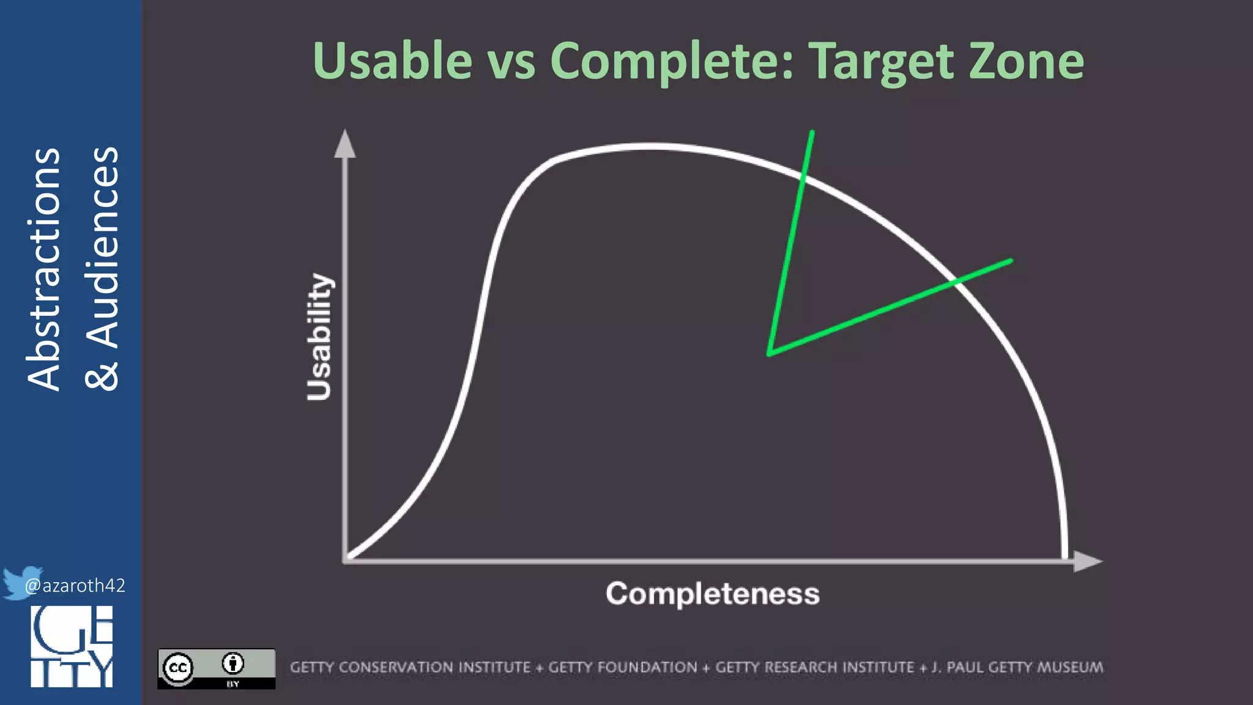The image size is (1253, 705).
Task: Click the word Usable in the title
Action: [392, 61]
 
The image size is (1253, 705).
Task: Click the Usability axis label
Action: [319, 337]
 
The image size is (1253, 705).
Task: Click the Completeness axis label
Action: [712, 594]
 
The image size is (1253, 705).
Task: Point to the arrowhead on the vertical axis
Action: [345, 144]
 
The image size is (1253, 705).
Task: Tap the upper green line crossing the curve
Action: [803, 178]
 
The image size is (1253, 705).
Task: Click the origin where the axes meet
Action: [346, 559]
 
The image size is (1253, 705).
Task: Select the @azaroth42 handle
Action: [75, 586]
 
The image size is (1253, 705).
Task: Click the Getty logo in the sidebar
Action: [72, 646]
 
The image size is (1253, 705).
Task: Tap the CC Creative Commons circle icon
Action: [179, 668]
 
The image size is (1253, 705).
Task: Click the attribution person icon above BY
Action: [233, 663]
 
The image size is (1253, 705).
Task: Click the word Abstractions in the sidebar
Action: [44, 269]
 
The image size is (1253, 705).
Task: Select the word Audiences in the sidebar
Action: [102, 248]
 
